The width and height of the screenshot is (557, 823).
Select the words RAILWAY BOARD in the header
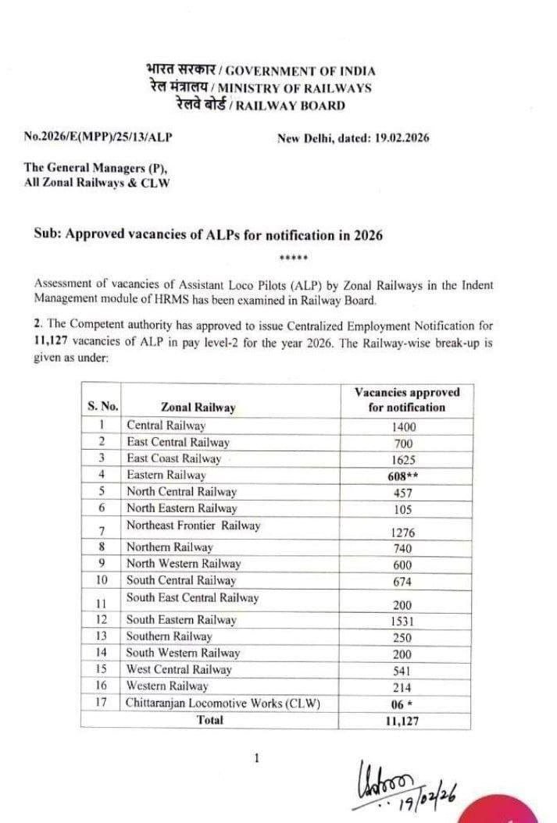click(300, 105)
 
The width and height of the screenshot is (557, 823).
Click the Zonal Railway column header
click(198, 407)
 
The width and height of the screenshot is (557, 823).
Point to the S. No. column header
click(102, 406)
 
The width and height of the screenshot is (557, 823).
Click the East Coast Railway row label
click(173, 458)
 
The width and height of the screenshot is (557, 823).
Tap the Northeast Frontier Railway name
click(193, 526)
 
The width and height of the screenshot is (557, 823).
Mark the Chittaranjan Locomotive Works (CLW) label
click(223, 703)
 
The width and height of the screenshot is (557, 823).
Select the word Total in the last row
click(209, 720)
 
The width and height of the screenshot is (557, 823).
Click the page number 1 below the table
click(257, 757)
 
